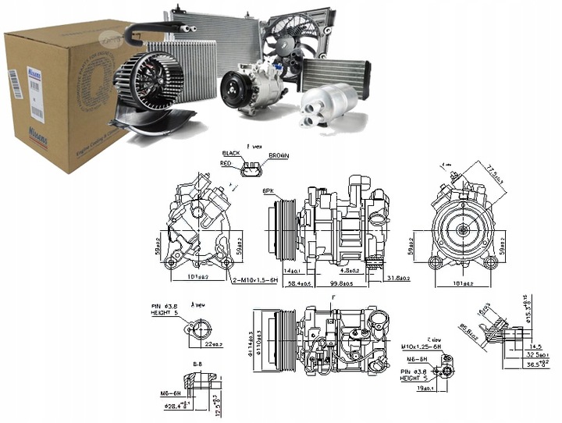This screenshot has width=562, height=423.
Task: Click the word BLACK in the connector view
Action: click(x=232, y=154)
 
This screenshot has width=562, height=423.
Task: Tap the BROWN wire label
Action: click(x=279, y=156)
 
